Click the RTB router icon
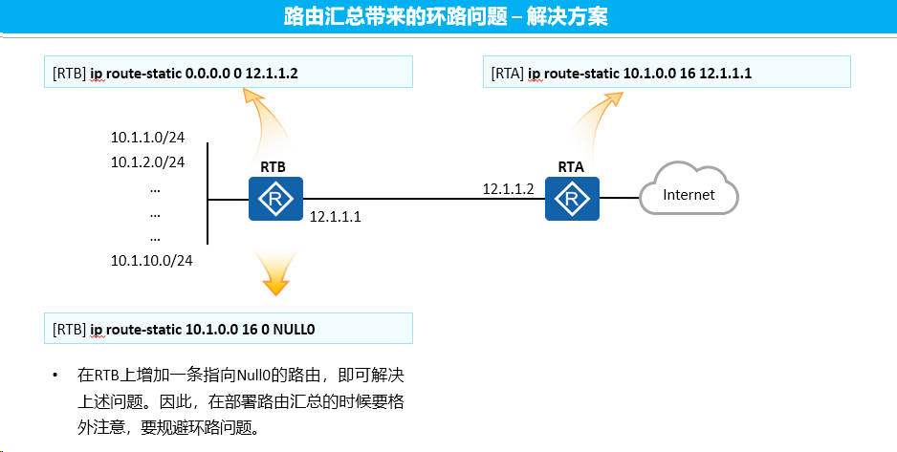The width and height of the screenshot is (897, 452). tap(275, 199)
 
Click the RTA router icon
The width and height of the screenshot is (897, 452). tap(572, 199)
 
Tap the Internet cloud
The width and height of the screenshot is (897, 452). tap(689, 189)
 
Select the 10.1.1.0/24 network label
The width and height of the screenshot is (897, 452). tap(147, 138)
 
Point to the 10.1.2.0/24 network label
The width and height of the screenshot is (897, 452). tap(147, 162)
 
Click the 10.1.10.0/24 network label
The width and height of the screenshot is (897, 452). tap(152, 261)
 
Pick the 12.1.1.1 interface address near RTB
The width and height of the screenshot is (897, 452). tap(336, 217)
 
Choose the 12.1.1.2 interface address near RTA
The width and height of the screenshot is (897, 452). tap(508, 189)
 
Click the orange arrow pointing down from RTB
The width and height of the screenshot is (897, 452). tap(275, 272)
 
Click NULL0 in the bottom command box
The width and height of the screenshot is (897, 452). tap(294, 330)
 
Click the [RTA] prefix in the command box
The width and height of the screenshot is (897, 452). tap(508, 74)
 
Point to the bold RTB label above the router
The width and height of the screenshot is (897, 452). tap(273, 167)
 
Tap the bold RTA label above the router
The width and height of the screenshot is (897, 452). tap(571, 167)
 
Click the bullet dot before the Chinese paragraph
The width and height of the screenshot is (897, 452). tap(55, 376)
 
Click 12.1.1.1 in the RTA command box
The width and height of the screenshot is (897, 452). tap(726, 74)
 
